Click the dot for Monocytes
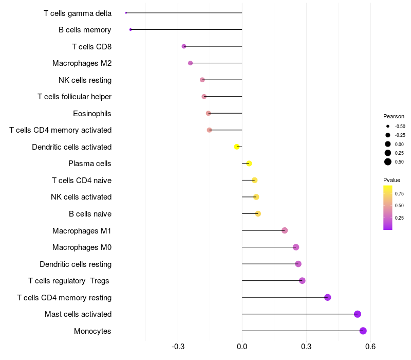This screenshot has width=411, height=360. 363,331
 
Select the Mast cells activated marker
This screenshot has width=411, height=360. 358,314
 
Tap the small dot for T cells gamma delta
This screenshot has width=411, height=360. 126,13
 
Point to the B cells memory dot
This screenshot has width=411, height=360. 130,30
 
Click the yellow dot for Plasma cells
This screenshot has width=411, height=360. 249,164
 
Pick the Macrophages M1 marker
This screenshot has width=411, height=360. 285,230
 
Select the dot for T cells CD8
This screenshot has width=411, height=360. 184,46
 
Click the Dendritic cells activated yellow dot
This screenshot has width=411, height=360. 237,147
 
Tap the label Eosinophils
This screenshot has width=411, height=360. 92,114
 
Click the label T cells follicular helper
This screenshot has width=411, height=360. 74,97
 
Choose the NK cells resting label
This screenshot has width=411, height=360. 85,80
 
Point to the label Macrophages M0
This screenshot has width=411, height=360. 82,247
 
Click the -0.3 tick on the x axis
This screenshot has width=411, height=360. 178,347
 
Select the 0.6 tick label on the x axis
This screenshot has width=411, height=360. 370,347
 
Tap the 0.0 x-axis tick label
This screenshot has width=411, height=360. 242,347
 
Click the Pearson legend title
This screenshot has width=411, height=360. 394,116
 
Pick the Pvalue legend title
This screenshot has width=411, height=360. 391,180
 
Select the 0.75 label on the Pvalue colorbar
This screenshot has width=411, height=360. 399,193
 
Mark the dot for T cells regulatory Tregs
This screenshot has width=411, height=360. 302,281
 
